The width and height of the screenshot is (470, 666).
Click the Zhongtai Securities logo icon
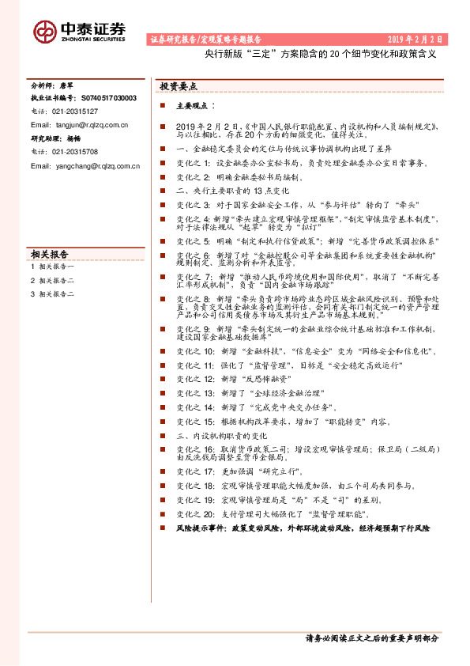coord(44,30)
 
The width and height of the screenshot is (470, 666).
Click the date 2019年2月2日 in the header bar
coord(415,39)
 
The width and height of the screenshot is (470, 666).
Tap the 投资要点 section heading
coord(179,87)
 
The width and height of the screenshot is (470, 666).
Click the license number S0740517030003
coord(108,98)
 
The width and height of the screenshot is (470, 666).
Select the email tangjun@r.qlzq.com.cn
coord(79,125)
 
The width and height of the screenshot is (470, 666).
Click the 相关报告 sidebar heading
coord(51,255)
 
